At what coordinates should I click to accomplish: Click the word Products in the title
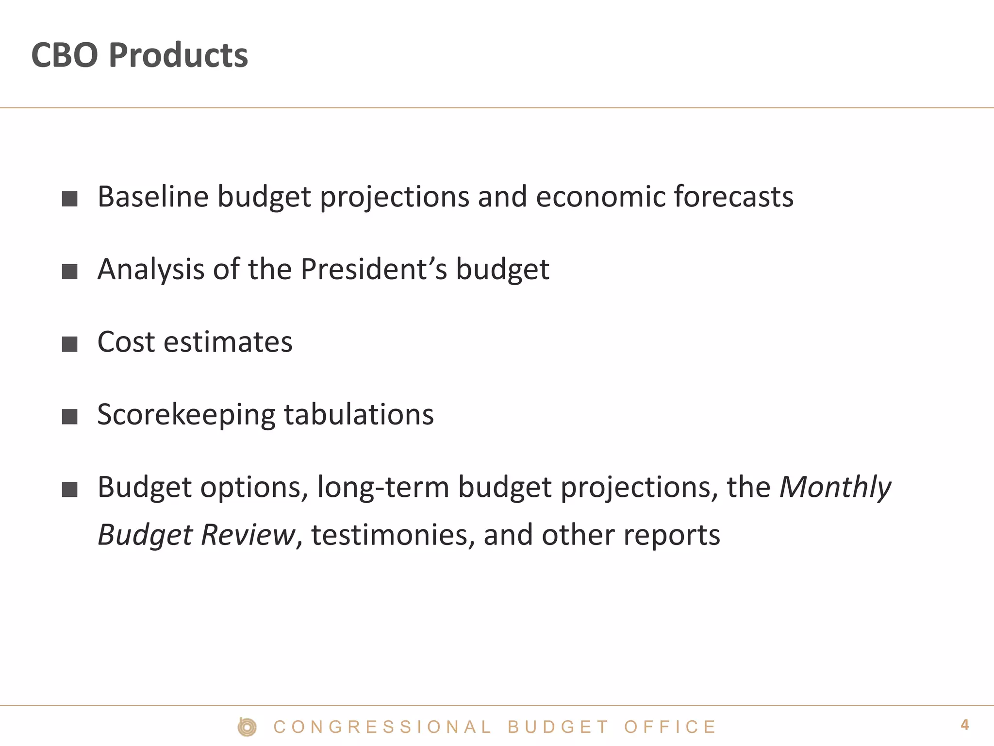pos(178,55)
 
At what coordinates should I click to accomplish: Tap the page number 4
pos(964,725)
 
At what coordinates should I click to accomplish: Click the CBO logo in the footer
pos(247,727)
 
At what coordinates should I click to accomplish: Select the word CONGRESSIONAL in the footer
pos(382,727)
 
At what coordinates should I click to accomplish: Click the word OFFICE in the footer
pos(670,727)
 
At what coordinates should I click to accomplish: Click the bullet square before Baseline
pos(70,199)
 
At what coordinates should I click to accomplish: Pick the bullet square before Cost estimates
pos(70,344)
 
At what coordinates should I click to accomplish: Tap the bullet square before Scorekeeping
pos(70,416)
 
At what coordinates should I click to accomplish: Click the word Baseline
pos(153,197)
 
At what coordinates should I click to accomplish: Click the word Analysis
pos(150,270)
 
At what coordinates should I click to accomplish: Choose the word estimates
pos(228,342)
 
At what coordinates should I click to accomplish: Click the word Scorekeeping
pos(186,415)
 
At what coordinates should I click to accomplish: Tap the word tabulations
pos(359,414)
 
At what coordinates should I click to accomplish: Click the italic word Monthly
pos(835,488)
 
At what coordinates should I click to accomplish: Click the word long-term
pos(383,487)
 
